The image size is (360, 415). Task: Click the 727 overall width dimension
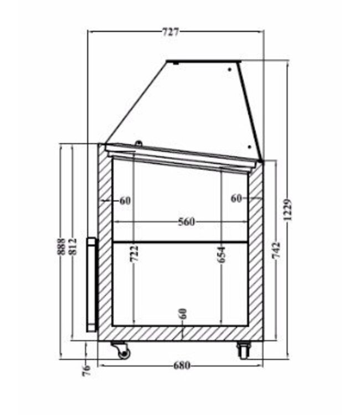click(x=171, y=32)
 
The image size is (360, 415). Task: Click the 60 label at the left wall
click(x=125, y=200)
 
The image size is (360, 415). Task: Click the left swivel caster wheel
click(x=121, y=351)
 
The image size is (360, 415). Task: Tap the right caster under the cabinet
click(x=243, y=350)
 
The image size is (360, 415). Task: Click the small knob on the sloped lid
click(x=138, y=144)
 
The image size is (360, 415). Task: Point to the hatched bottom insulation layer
click(x=166, y=333)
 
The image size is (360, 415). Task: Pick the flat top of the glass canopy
click(x=203, y=61)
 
